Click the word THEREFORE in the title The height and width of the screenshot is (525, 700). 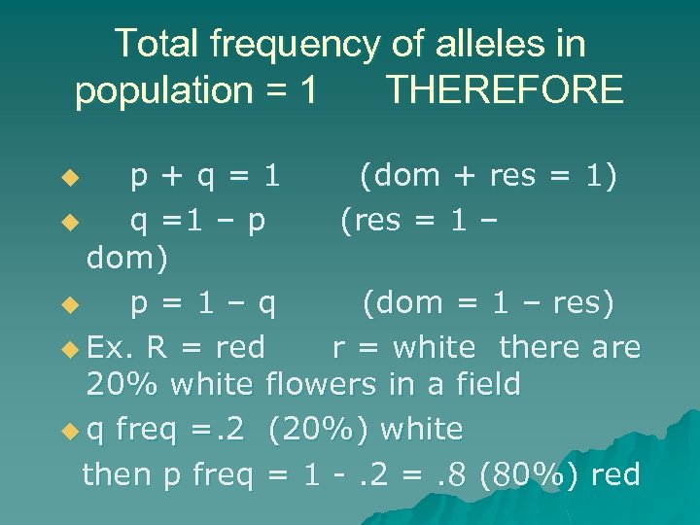504,90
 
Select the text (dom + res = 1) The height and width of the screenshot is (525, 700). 487,177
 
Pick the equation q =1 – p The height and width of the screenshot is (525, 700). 198,221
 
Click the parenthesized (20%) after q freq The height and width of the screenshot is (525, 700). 321,429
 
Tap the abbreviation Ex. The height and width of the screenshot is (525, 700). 109,346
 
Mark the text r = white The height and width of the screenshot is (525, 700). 403,346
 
